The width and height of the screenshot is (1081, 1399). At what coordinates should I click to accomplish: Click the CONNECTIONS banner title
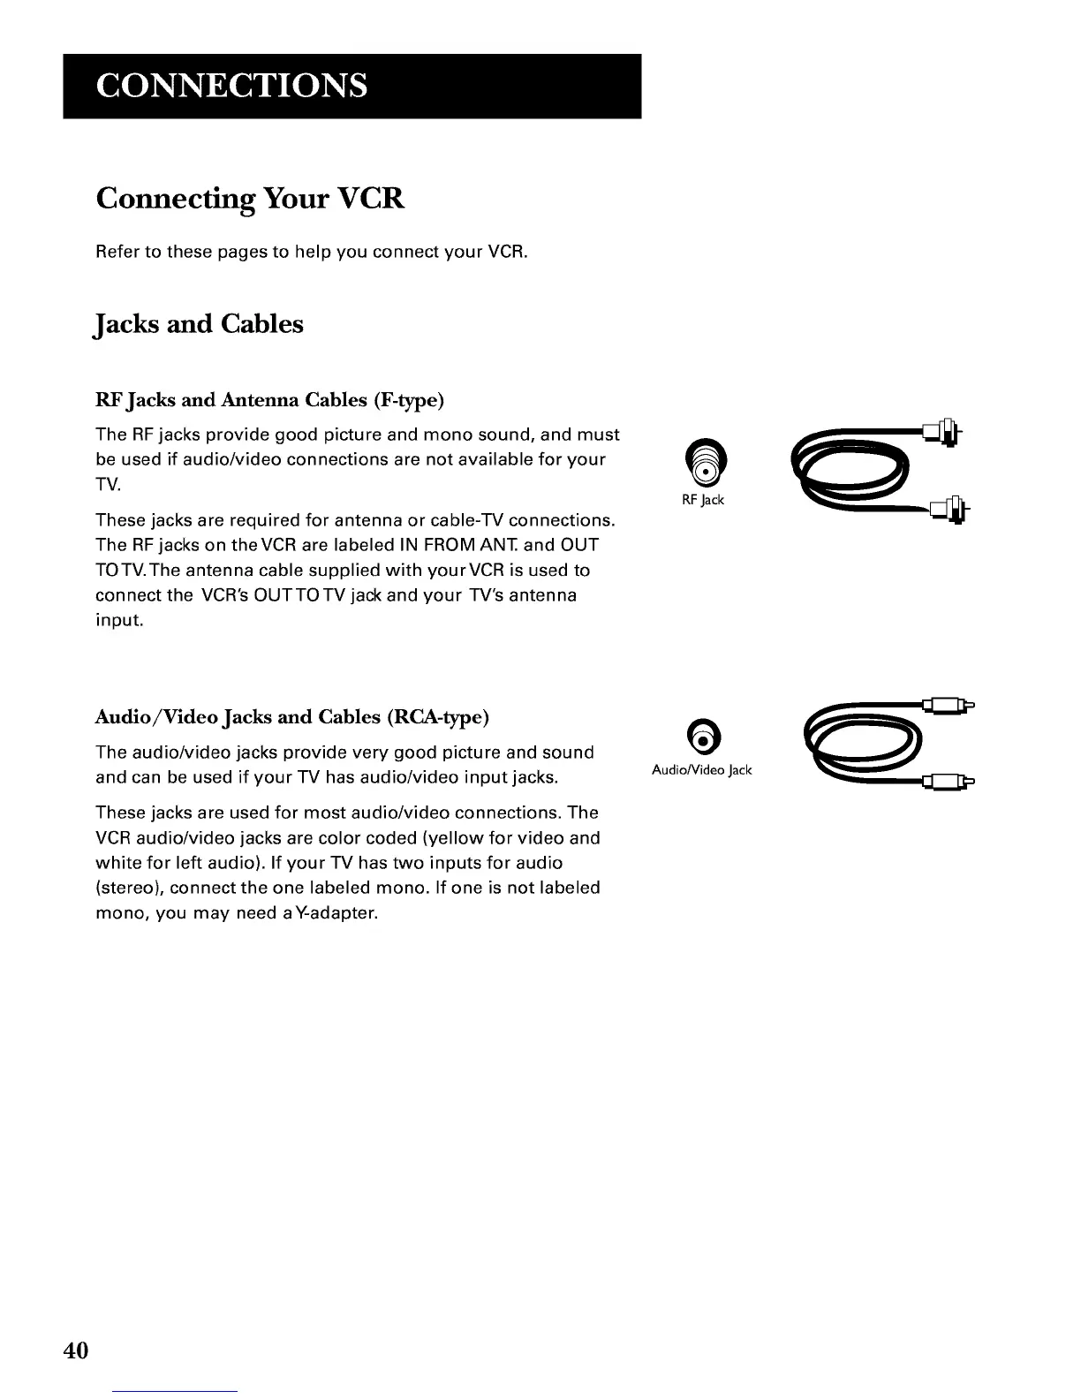[x=231, y=86]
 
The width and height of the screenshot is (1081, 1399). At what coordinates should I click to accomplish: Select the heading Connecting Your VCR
[x=250, y=199]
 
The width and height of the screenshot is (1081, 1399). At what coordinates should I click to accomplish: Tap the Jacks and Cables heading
[x=199, y=324]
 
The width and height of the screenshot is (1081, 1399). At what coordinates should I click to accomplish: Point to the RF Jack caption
[x=702, y=500]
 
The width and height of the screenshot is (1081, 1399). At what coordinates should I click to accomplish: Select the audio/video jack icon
[x=700, y=736]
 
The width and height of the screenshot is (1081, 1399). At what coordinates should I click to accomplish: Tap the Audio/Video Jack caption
[x=701, y=770]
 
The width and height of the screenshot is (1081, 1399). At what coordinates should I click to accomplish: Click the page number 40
[x=76, y=1350]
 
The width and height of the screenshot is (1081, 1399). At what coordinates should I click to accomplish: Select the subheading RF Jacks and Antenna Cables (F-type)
[x=269, y=400]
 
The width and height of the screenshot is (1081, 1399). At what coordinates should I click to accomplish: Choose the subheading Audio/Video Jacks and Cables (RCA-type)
[x=291, y=716]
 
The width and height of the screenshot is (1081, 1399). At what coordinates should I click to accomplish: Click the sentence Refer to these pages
[x=311, y=252]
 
